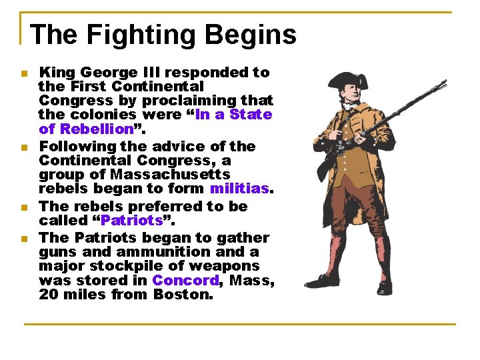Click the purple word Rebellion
[x=96, y=129]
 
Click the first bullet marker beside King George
[x=23, y=73]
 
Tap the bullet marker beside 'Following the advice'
[x=23, y=147]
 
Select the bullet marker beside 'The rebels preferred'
[x=23, y=207]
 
